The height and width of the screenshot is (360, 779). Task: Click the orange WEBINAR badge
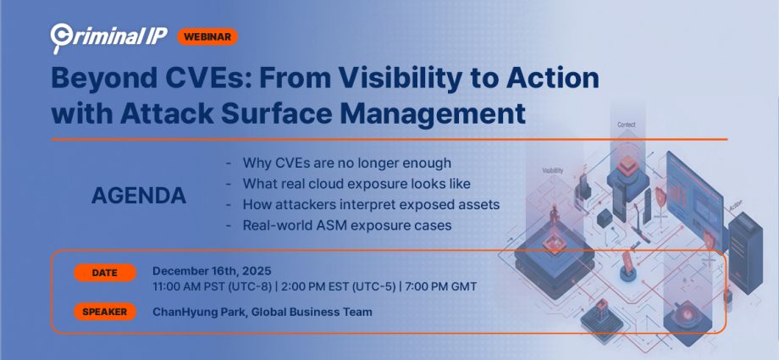(x=207, y=36)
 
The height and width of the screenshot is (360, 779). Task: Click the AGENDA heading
(x=139, y=196)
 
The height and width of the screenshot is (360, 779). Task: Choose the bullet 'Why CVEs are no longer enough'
(x=346, y=163)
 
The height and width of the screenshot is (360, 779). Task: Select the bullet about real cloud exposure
(x=356, y=183)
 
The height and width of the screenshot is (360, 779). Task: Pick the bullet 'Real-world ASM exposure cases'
(x=346, y=225)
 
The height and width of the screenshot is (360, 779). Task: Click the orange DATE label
(x=105, y=273)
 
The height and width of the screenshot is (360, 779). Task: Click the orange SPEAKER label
(x=105, y=312)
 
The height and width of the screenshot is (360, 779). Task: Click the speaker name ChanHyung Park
(x=200, y=312)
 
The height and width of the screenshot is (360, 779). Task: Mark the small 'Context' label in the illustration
(x=626, y=125)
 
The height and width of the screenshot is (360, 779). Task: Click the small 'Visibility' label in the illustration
(x=551, y=170)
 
